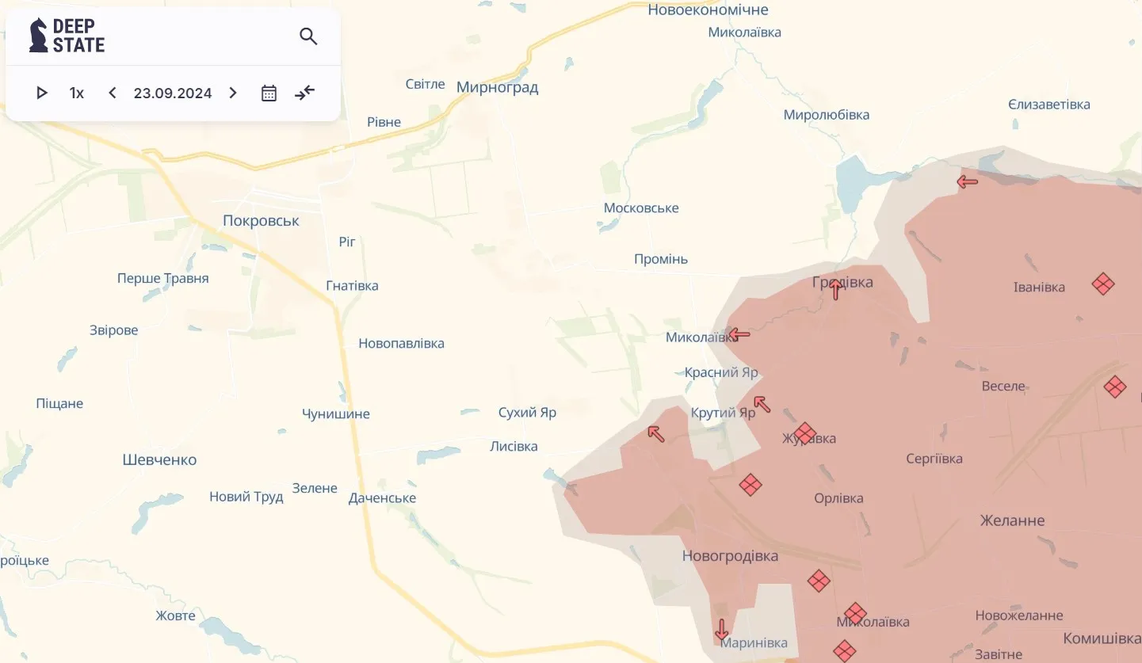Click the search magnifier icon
(308, 36)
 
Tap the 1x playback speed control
(77, 93)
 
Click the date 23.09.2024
(173, 93)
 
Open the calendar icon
(269, 93)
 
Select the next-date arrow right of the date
(233, 93)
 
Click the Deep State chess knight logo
(38, 36)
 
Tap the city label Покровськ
(261, 221)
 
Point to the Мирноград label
(497, 87)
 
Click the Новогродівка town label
(730, 556)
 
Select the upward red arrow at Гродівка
(835, 290)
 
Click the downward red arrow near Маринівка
(721, 630)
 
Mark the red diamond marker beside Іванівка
(1102, 284)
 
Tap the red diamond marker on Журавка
(804, 433)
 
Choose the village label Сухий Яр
(527, 413)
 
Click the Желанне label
(1012, 520)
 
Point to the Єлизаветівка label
(1048, 105)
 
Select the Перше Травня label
(162, 279)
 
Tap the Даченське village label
(382, 498)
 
